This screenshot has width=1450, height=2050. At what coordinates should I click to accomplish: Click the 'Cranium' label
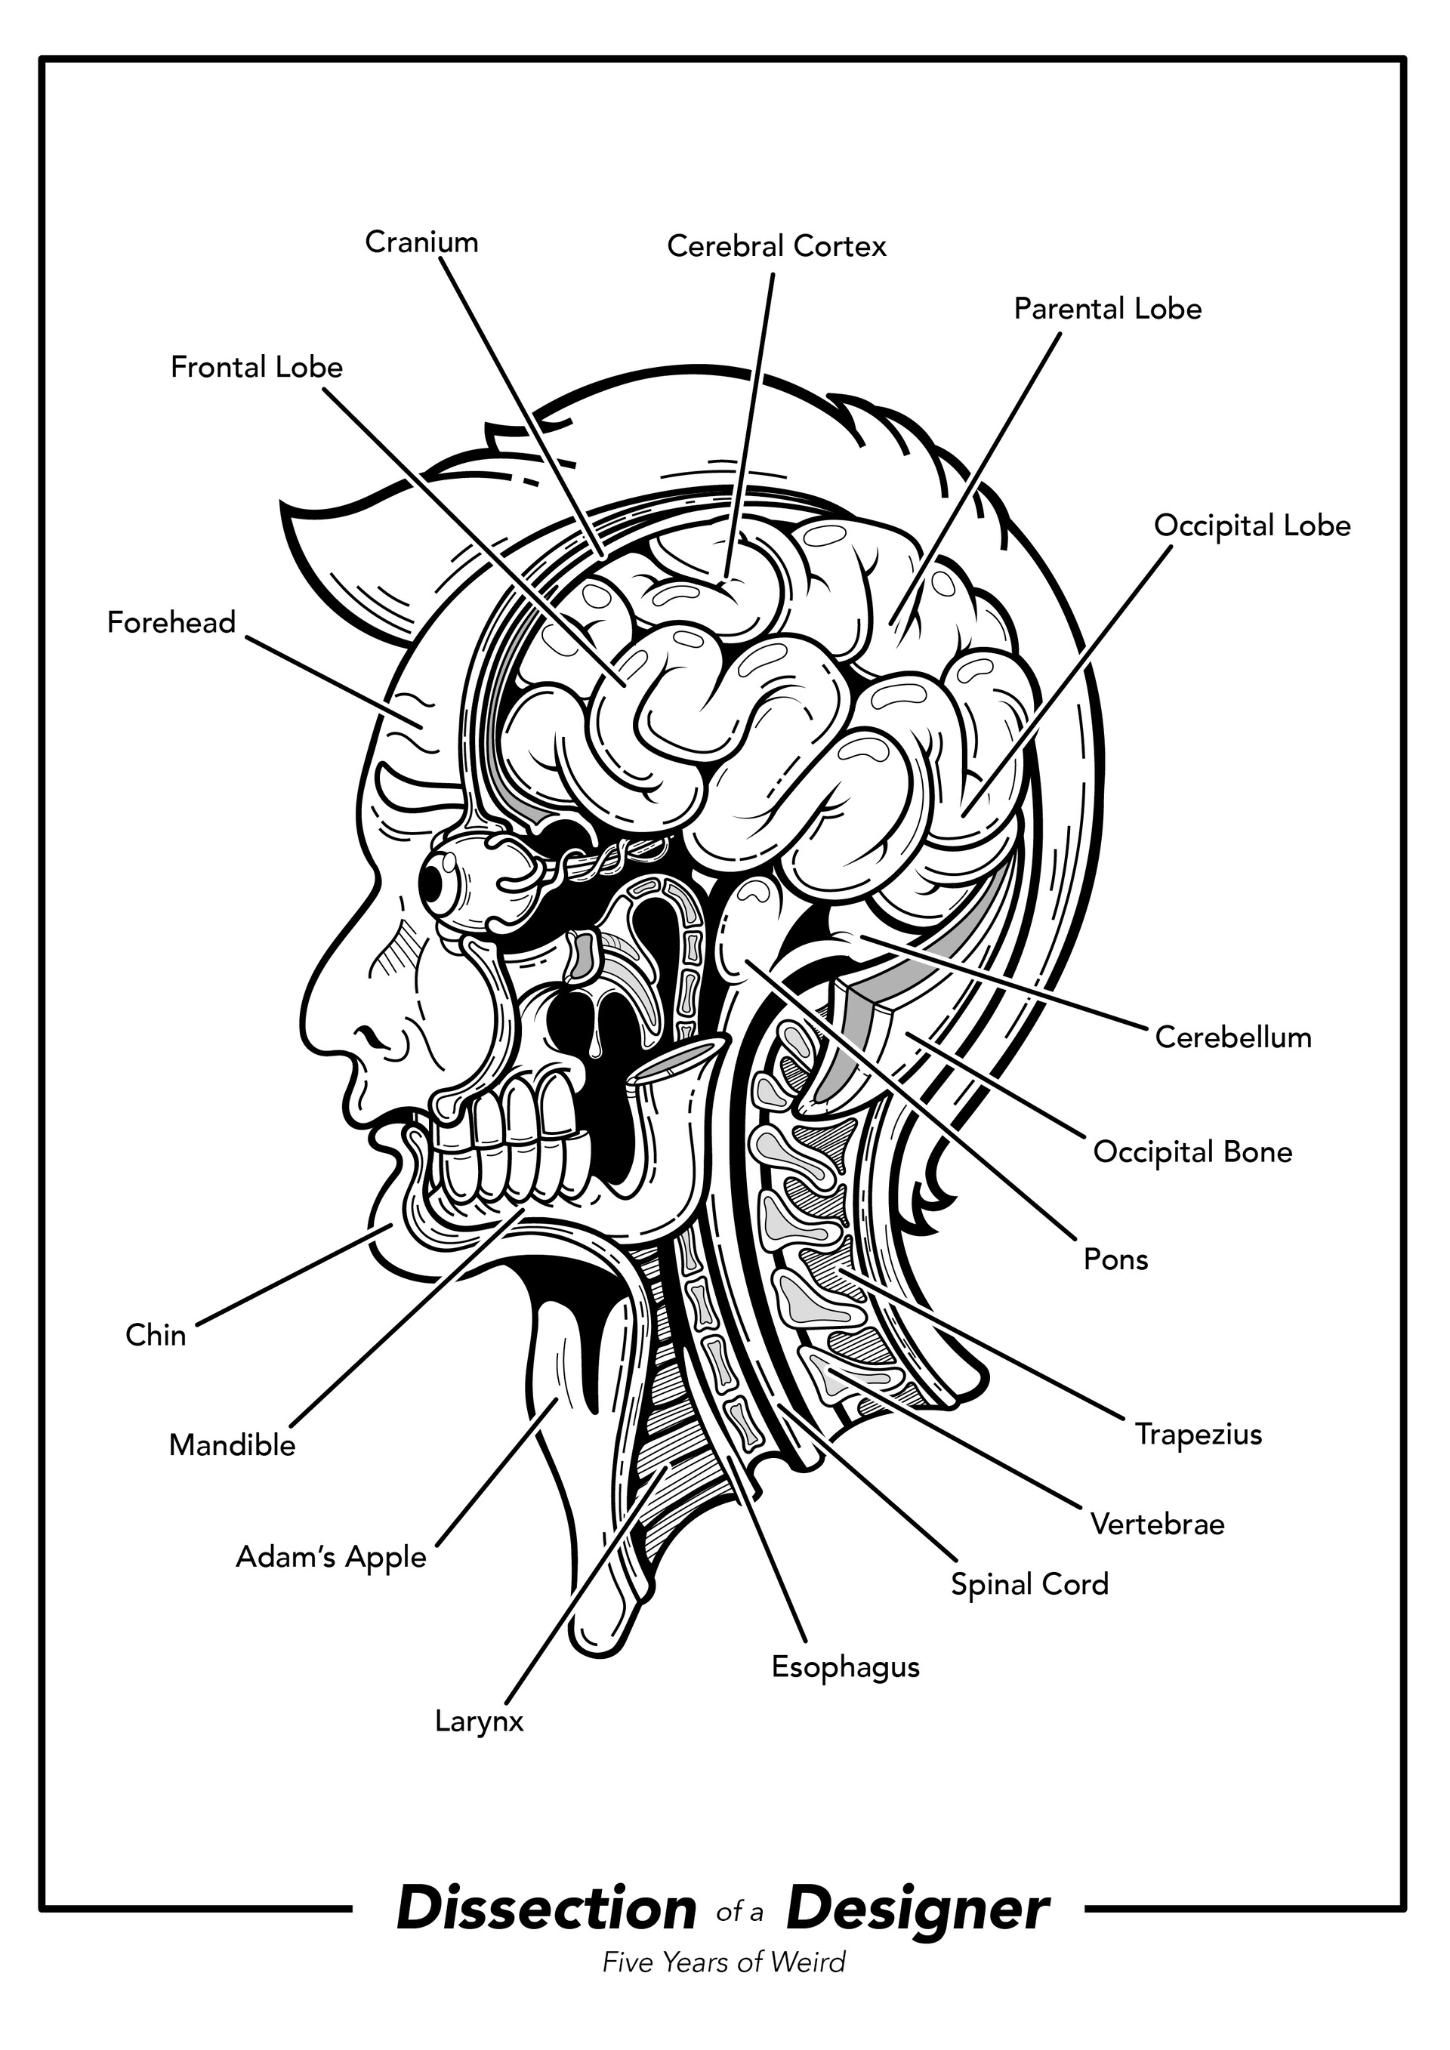click(x=421, y=242)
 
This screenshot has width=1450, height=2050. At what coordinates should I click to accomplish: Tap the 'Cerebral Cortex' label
click(x=777, y=246)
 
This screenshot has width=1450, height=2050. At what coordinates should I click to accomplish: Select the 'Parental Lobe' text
click(x=1108, y=309)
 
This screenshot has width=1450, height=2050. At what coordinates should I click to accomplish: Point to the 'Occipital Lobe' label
click(x=1252, y=526)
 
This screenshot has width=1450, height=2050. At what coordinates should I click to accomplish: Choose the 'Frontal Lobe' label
click(x=257, y=367)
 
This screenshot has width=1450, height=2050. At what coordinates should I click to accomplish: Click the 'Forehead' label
click(x=171, y=622)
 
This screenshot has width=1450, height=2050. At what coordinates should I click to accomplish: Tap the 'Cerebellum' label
click(x=1233, y=1037)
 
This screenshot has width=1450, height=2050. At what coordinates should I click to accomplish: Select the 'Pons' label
click(x=1115, y=1259)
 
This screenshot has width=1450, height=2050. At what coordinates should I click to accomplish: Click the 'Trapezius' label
click(x=1199, y=1435)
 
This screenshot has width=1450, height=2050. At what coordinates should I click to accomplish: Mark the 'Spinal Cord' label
click(x=1029, y=1585)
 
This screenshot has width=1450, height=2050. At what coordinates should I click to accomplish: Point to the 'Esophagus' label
click(x=846, y=1667)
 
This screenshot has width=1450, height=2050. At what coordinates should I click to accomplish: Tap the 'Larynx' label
click(x=479, y=1722)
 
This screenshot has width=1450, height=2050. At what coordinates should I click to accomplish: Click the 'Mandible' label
click(x=232, y=1445)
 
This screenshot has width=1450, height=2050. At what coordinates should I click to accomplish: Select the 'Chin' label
click(x=156, y=1336)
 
